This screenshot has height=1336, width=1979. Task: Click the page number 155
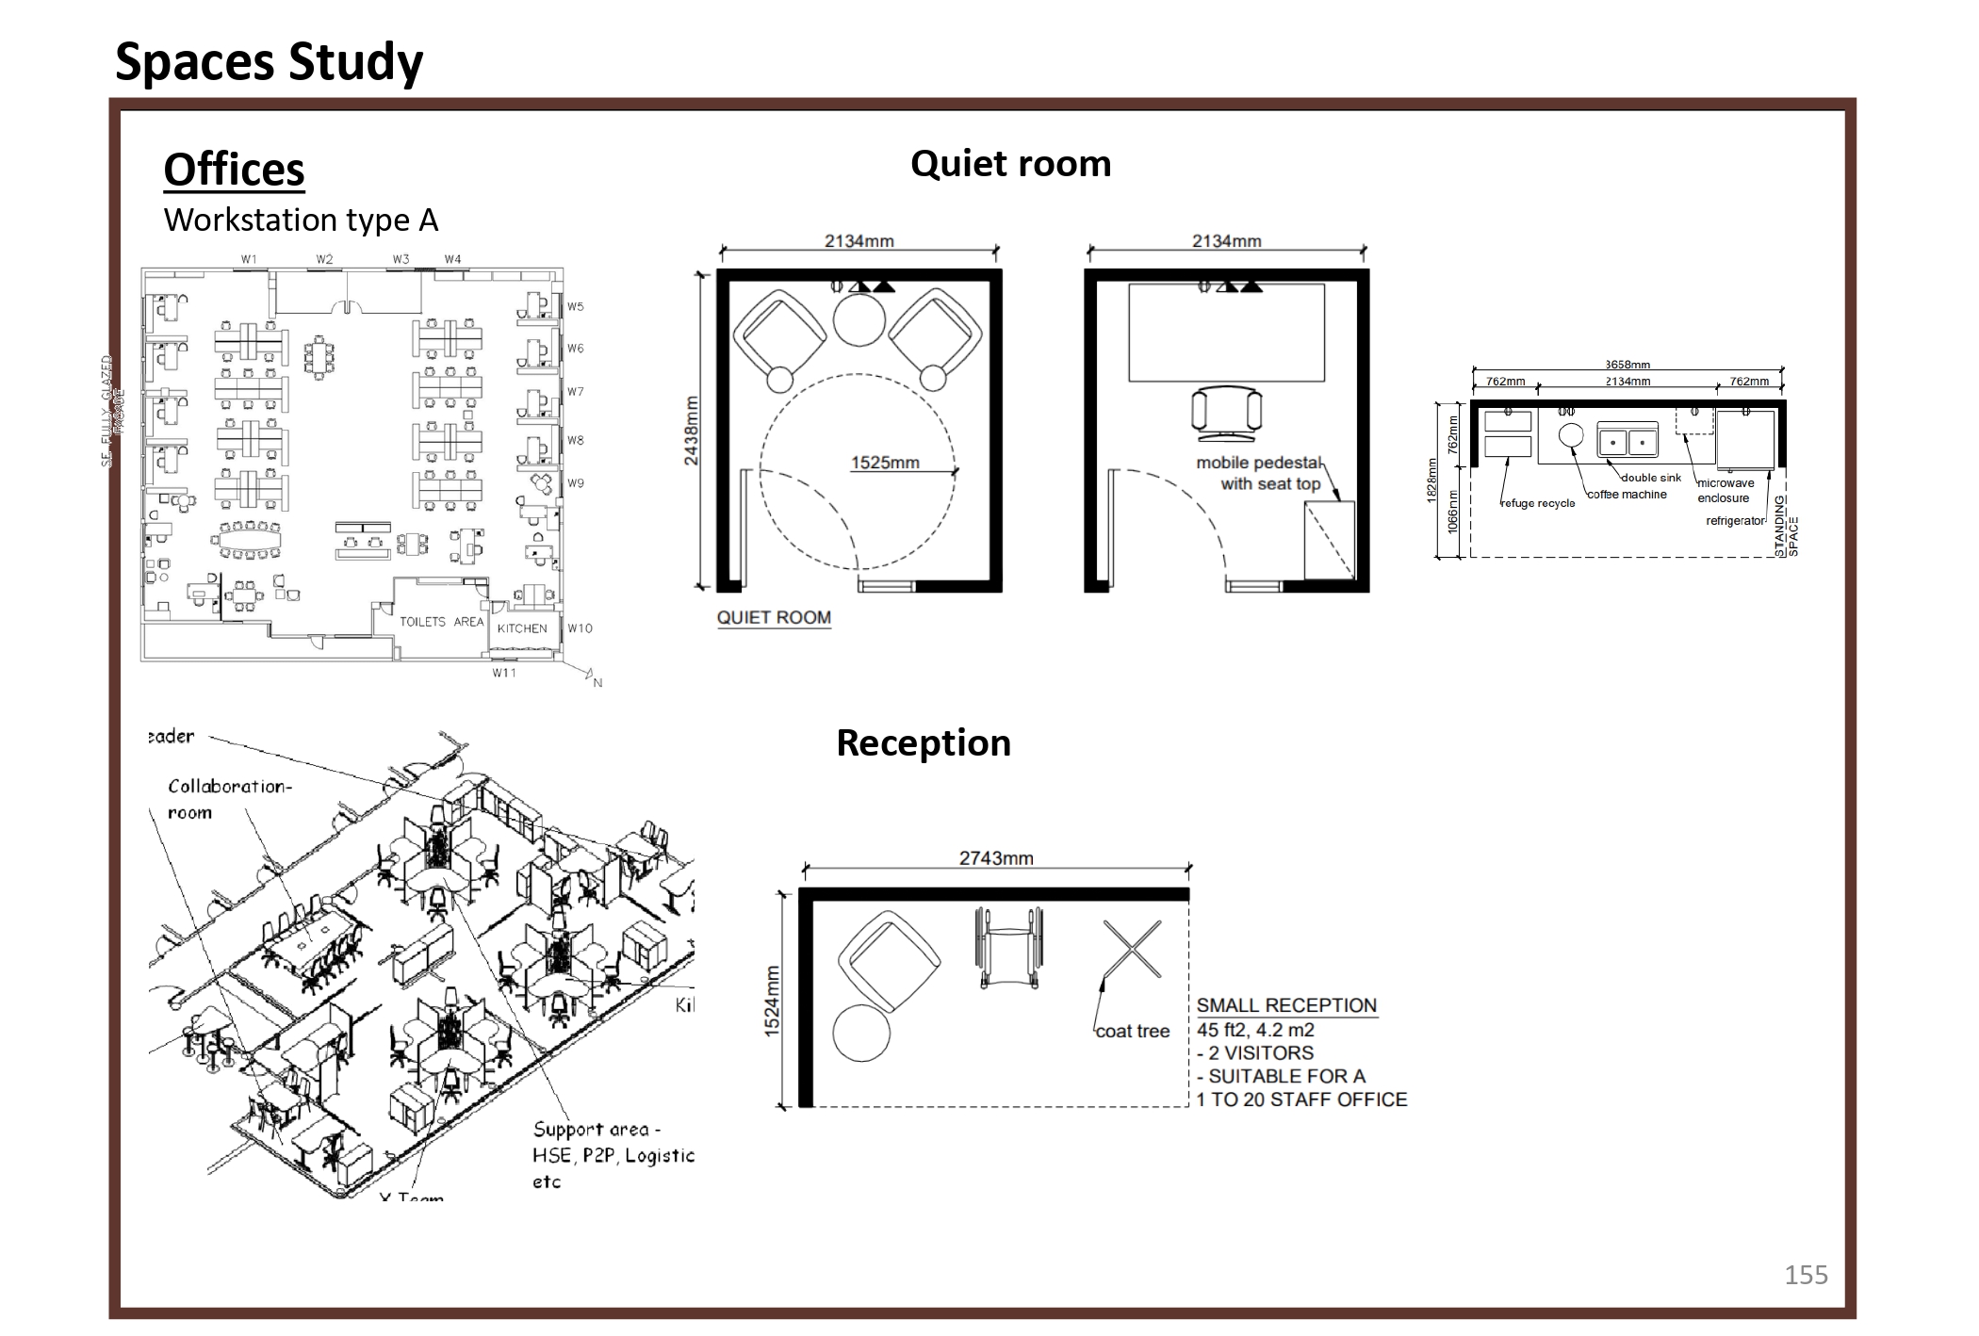point(1805,1275)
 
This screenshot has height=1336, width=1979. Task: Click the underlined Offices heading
point(234,171)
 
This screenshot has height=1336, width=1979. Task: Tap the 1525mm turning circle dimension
point(884,463)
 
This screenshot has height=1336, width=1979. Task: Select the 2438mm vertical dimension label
point(692,431)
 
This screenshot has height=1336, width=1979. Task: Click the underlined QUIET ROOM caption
point(774,618)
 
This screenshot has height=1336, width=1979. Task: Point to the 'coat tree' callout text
point(1132,1032)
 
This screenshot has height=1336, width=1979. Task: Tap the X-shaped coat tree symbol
point(1132,949)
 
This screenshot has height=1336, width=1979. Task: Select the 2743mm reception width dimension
point(996,858)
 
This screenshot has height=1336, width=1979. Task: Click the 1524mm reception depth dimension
point(773,1002)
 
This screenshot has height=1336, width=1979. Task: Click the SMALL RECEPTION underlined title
point(1286,1005)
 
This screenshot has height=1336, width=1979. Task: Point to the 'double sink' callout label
point(1650,478)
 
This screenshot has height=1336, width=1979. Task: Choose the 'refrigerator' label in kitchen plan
point(1734,521)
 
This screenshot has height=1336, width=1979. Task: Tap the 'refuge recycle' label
point(1537,503)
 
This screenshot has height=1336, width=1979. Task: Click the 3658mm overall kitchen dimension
point(1627,365)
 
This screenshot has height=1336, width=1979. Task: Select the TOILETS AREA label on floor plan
point(441,622)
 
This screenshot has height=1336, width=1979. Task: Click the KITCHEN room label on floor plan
point(522,628)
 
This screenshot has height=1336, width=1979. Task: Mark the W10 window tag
point(580,628)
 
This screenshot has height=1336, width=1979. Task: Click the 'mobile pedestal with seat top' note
point(1259,473)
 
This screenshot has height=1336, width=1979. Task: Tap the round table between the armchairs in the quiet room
point(859,320)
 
